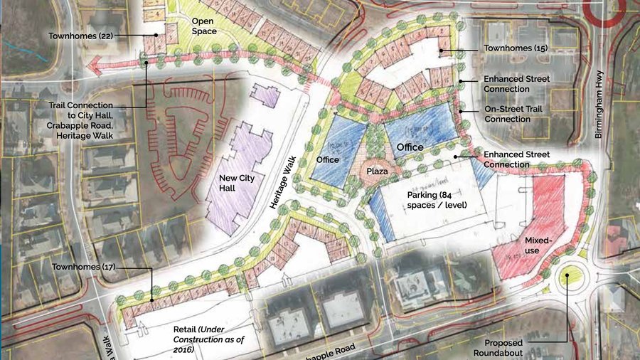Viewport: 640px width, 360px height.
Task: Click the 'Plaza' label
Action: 376,171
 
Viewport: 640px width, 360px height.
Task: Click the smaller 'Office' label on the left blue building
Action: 328,160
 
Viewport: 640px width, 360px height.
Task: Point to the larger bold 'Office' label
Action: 410,147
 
